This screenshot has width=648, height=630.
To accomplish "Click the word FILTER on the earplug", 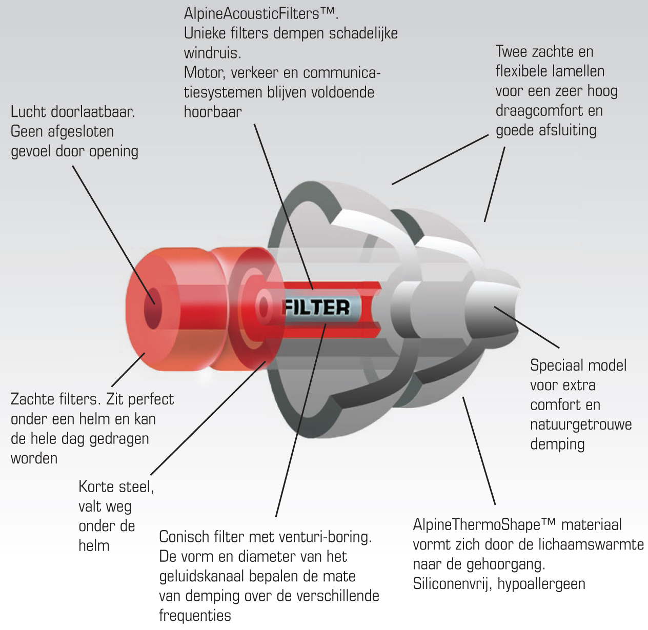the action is [316, 308].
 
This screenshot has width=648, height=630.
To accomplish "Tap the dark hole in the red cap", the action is [152, 309].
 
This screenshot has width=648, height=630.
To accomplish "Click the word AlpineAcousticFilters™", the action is [261, 14].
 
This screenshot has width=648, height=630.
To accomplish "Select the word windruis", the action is [212, 53].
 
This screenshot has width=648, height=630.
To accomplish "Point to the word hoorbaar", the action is [213, 112].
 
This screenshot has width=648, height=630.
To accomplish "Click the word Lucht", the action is [28, 112].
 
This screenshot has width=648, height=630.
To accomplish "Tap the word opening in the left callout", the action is [114, 152].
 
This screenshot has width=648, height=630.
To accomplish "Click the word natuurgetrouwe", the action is [581, 425].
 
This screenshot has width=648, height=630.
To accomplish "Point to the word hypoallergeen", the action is [541, 584].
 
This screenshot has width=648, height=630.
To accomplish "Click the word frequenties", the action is [195, 616].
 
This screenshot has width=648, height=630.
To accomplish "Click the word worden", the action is [34, 458].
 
